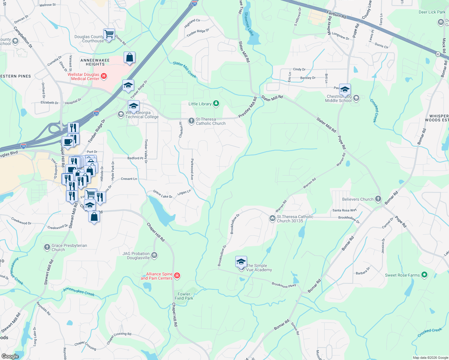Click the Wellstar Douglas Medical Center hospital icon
tap(104, 76)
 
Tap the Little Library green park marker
tap(216, 104)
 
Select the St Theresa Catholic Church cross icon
tap(191, 121)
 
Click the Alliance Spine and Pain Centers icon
tap(177, 276)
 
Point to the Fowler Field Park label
tap(184, 296)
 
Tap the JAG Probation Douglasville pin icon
tap(154, 255)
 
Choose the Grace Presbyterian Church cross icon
tap(47, 247)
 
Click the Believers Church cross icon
tap(378, 199)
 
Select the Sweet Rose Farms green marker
tap(424, 275)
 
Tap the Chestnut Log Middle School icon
tap(356, 98)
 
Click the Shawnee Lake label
tap(249, 24)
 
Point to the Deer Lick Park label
tap(432, 12)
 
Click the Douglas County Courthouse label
tap(89, 39)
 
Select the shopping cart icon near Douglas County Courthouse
tap(109, 34)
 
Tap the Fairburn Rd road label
tap(336, 14)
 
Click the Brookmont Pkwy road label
tap(284, 285)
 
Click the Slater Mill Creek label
tap(185, 69)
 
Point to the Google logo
tap(10, 356)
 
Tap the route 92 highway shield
tap(438, 54)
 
